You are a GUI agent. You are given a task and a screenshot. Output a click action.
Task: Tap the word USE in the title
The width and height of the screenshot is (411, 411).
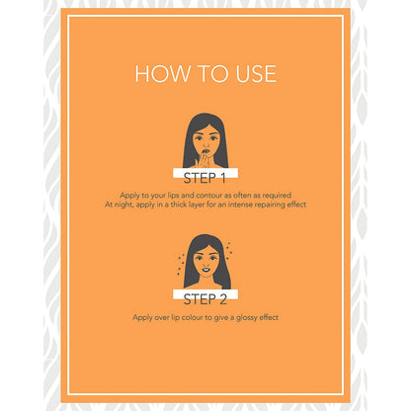coord(256,74)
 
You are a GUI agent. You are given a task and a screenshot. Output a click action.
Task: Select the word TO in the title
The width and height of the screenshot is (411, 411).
coord(212,74)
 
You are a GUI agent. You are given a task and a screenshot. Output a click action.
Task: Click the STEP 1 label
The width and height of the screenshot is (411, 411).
coord(205,178)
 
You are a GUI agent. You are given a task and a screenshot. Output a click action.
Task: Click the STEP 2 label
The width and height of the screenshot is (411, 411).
coord(205,299)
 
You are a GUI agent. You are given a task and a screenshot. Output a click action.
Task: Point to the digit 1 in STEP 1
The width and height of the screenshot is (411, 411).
coord(223,178)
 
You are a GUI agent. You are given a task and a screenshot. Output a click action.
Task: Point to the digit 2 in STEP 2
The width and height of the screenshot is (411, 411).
coord(223,299)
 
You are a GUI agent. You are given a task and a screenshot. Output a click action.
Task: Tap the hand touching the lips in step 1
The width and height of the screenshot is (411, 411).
coord(202,160)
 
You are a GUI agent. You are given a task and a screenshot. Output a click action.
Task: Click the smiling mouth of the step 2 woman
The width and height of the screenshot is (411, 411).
coord(205,270)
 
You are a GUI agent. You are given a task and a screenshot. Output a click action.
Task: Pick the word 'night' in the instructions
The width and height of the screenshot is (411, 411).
coord(124,205)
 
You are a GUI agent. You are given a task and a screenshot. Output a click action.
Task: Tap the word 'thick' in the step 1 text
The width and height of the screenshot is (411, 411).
coord(179,205)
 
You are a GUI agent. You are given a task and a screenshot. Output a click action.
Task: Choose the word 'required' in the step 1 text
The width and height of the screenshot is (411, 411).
coord(277,196)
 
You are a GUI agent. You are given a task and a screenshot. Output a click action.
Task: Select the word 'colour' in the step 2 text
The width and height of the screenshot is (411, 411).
coord(193,317)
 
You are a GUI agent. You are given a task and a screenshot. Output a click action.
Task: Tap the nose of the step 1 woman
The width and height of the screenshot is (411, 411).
coord(205,144)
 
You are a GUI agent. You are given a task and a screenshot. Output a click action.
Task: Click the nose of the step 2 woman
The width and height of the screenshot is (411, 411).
coord(205,264)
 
